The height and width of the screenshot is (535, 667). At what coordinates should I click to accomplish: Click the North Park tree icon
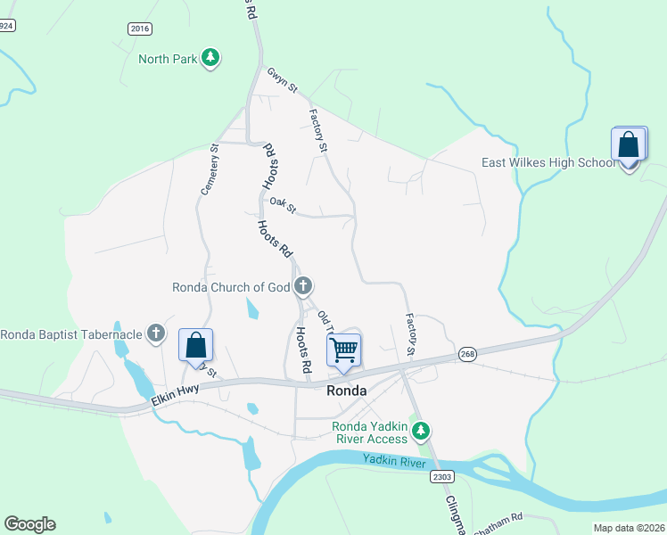pyautogui.click(x=210, y=59)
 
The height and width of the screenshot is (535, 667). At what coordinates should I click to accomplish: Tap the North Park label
pyautogui.click(x=168, y=60)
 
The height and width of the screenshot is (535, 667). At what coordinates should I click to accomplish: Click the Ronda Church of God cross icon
pyautogui.click(x=303, y=286)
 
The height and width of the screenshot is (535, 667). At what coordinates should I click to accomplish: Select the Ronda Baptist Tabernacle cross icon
pyautogui.click(x=156, y=334)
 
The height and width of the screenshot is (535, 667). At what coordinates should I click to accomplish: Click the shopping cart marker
pyautogui.click(x=343, y=349)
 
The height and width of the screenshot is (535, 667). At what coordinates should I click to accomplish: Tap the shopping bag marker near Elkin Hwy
pyautogui.click(x=196, y=345)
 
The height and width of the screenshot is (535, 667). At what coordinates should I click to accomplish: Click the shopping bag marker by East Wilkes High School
pyautogui.click(x=629, y=145)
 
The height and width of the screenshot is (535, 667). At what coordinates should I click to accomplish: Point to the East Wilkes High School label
pyautogui.click(x=548, y=162)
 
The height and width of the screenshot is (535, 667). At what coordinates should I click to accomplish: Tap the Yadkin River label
pyautogui.click(x=397, y=460)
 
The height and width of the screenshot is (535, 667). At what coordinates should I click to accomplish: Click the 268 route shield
pyautogui.click(x=467, y=355)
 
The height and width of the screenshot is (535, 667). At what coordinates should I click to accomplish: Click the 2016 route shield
pyautogui.click(x=140, y=29)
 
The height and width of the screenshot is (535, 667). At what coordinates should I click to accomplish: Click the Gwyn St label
pyautogui.click(x=281, y=79)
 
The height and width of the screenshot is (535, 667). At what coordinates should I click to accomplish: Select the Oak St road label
pyautogui.click(x=283, y=206)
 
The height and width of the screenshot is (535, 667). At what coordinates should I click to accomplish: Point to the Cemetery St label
pyautogui.click(x=210, y=169)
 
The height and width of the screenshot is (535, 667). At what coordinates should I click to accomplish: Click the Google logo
pyautogui.click(x=29, y=524)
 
